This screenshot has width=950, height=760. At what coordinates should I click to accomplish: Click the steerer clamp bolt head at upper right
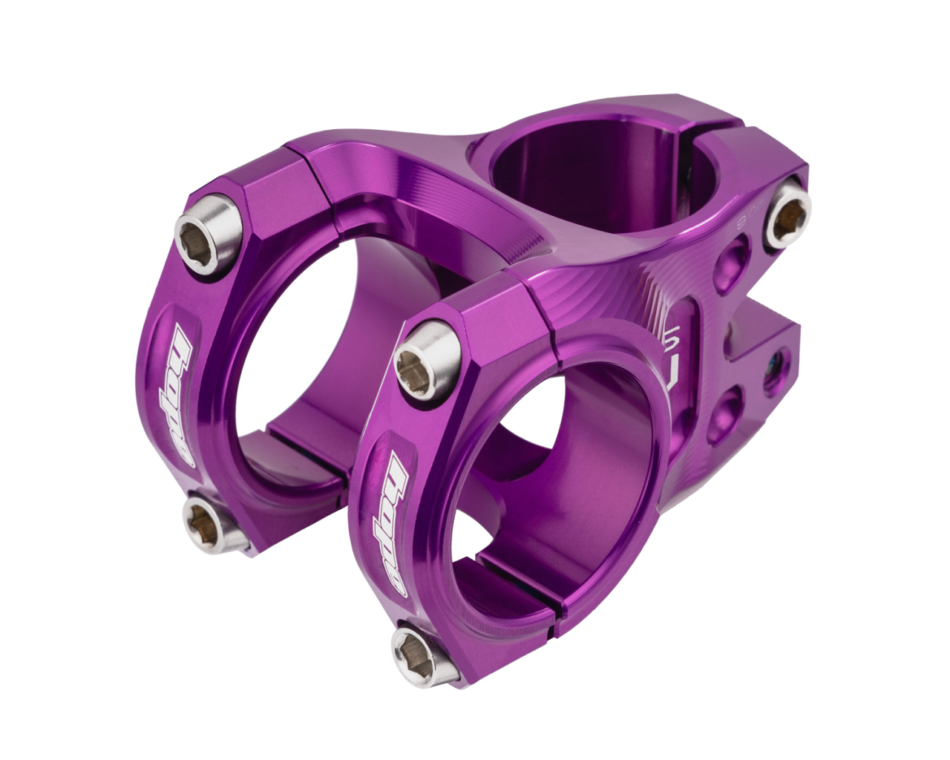(x=787, y=214)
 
